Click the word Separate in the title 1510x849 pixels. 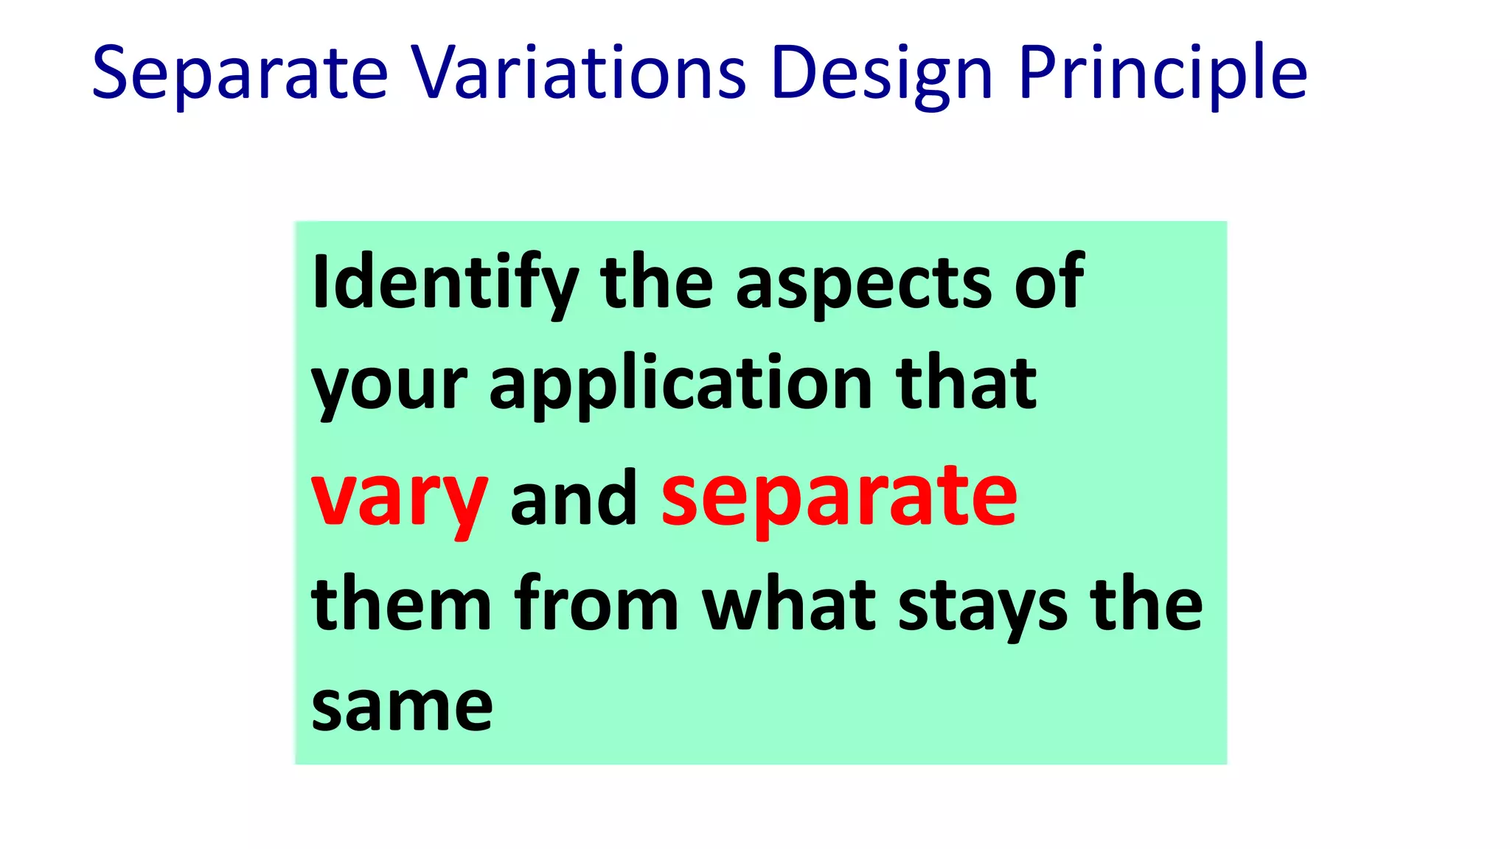240,74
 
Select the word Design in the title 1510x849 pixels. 882,74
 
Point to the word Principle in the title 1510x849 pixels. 1163,74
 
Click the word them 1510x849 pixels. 401,604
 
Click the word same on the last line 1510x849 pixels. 402,707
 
